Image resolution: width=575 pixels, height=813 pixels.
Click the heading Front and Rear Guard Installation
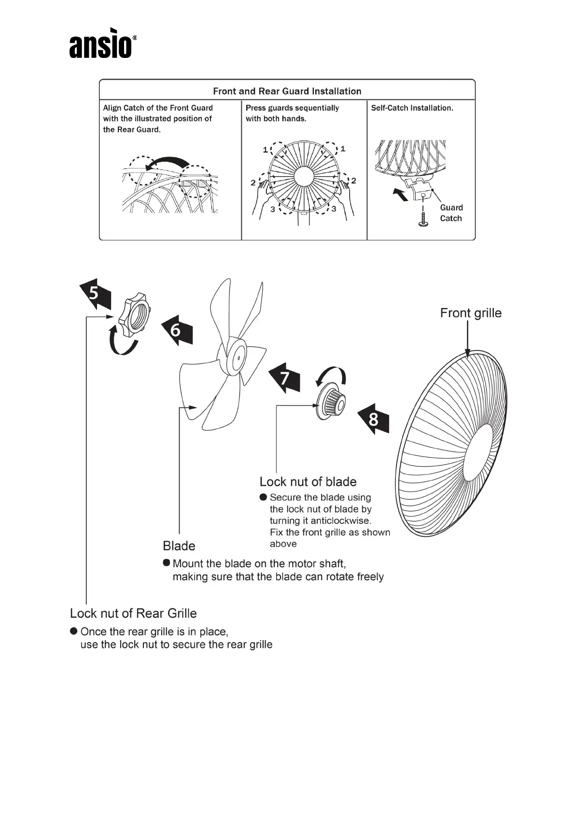[287, 91]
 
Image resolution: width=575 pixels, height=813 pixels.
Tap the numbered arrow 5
[95, 294]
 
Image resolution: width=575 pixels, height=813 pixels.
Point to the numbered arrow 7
[284, 377]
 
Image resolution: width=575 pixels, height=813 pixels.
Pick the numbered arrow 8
[373, 419]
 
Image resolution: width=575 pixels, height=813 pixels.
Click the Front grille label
[470, 313]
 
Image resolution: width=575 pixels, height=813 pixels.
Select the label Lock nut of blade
[308, 482]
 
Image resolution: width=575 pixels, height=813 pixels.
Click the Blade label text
[179, 546]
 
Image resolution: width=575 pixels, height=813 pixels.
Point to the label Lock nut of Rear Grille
[133, 613]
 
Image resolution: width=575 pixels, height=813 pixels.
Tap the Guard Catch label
[451, 213]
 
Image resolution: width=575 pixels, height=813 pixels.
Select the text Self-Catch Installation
[412, 108]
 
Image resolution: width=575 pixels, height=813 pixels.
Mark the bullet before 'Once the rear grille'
[74, 631]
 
